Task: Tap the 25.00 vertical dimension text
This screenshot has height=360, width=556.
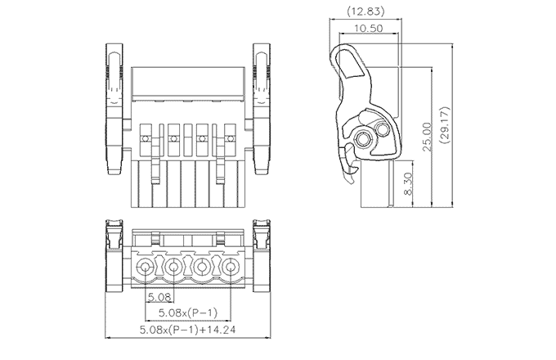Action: [x=426, y=131]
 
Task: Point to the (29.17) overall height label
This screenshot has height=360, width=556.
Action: [x=446, y=125]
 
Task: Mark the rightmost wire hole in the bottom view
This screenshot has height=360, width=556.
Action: [x=231, y=268]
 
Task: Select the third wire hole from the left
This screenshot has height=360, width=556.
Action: [x=203, y=268]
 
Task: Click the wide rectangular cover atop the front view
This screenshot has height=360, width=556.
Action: [x=188, y=82]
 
